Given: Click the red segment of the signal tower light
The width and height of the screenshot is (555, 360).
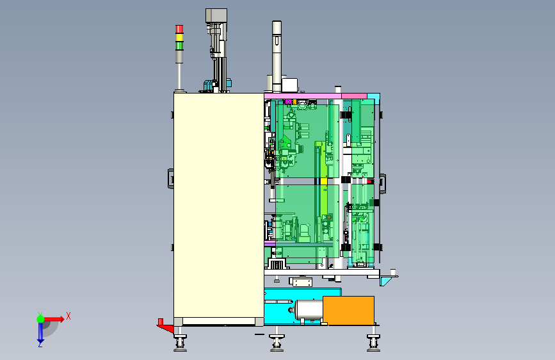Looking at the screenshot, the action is click(x=179, y=29).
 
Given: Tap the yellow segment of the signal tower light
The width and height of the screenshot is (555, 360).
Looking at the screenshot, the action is click(x=179, y=37).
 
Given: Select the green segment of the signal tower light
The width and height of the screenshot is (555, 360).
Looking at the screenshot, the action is click(x=179, y=45).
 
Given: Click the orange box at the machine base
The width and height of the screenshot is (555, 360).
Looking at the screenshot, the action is click(x=349, y=311).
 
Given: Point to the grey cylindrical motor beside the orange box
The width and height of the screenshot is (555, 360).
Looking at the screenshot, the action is click(x=307, y=311).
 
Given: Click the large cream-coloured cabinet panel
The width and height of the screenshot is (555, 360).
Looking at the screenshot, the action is click(x=219, y=206).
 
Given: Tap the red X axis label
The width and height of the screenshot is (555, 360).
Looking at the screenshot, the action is click(x=68, y=316).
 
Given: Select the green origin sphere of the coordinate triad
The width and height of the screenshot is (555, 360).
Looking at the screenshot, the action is click(x=41, y=319).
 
